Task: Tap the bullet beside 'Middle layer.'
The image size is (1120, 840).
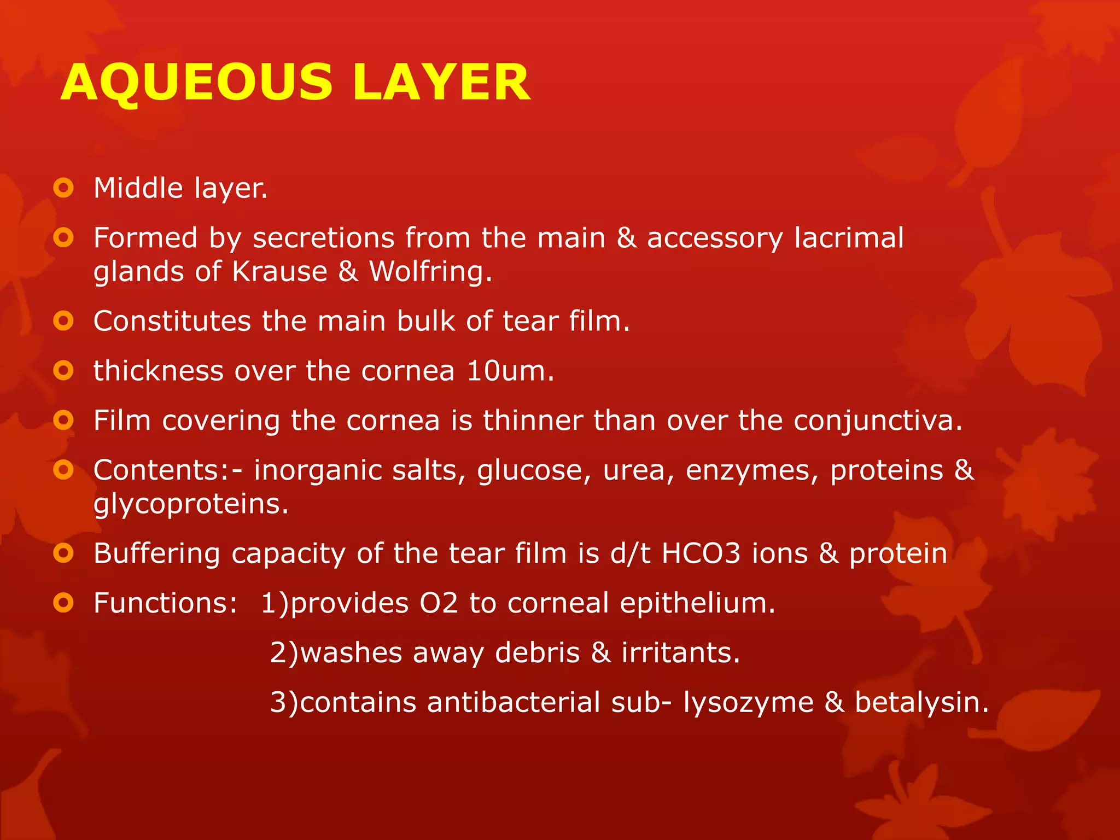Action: tap(63, 188)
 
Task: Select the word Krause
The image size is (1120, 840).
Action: tap(279, 271)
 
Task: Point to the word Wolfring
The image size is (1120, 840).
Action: tap(430, 271)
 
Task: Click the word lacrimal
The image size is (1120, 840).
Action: tap(849, 238)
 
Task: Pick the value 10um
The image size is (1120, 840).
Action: tap(510, 371)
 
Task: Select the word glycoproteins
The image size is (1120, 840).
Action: tap(190, 504)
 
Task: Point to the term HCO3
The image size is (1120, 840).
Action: tap(701, 553)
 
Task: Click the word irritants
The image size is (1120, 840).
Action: tap(680, 652)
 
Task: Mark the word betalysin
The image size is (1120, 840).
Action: tap(921, 702)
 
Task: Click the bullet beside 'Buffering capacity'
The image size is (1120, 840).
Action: tap(63, 553)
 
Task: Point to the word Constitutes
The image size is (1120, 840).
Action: tap(172, 321)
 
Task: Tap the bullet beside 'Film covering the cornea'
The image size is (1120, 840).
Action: tap(63, 421)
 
